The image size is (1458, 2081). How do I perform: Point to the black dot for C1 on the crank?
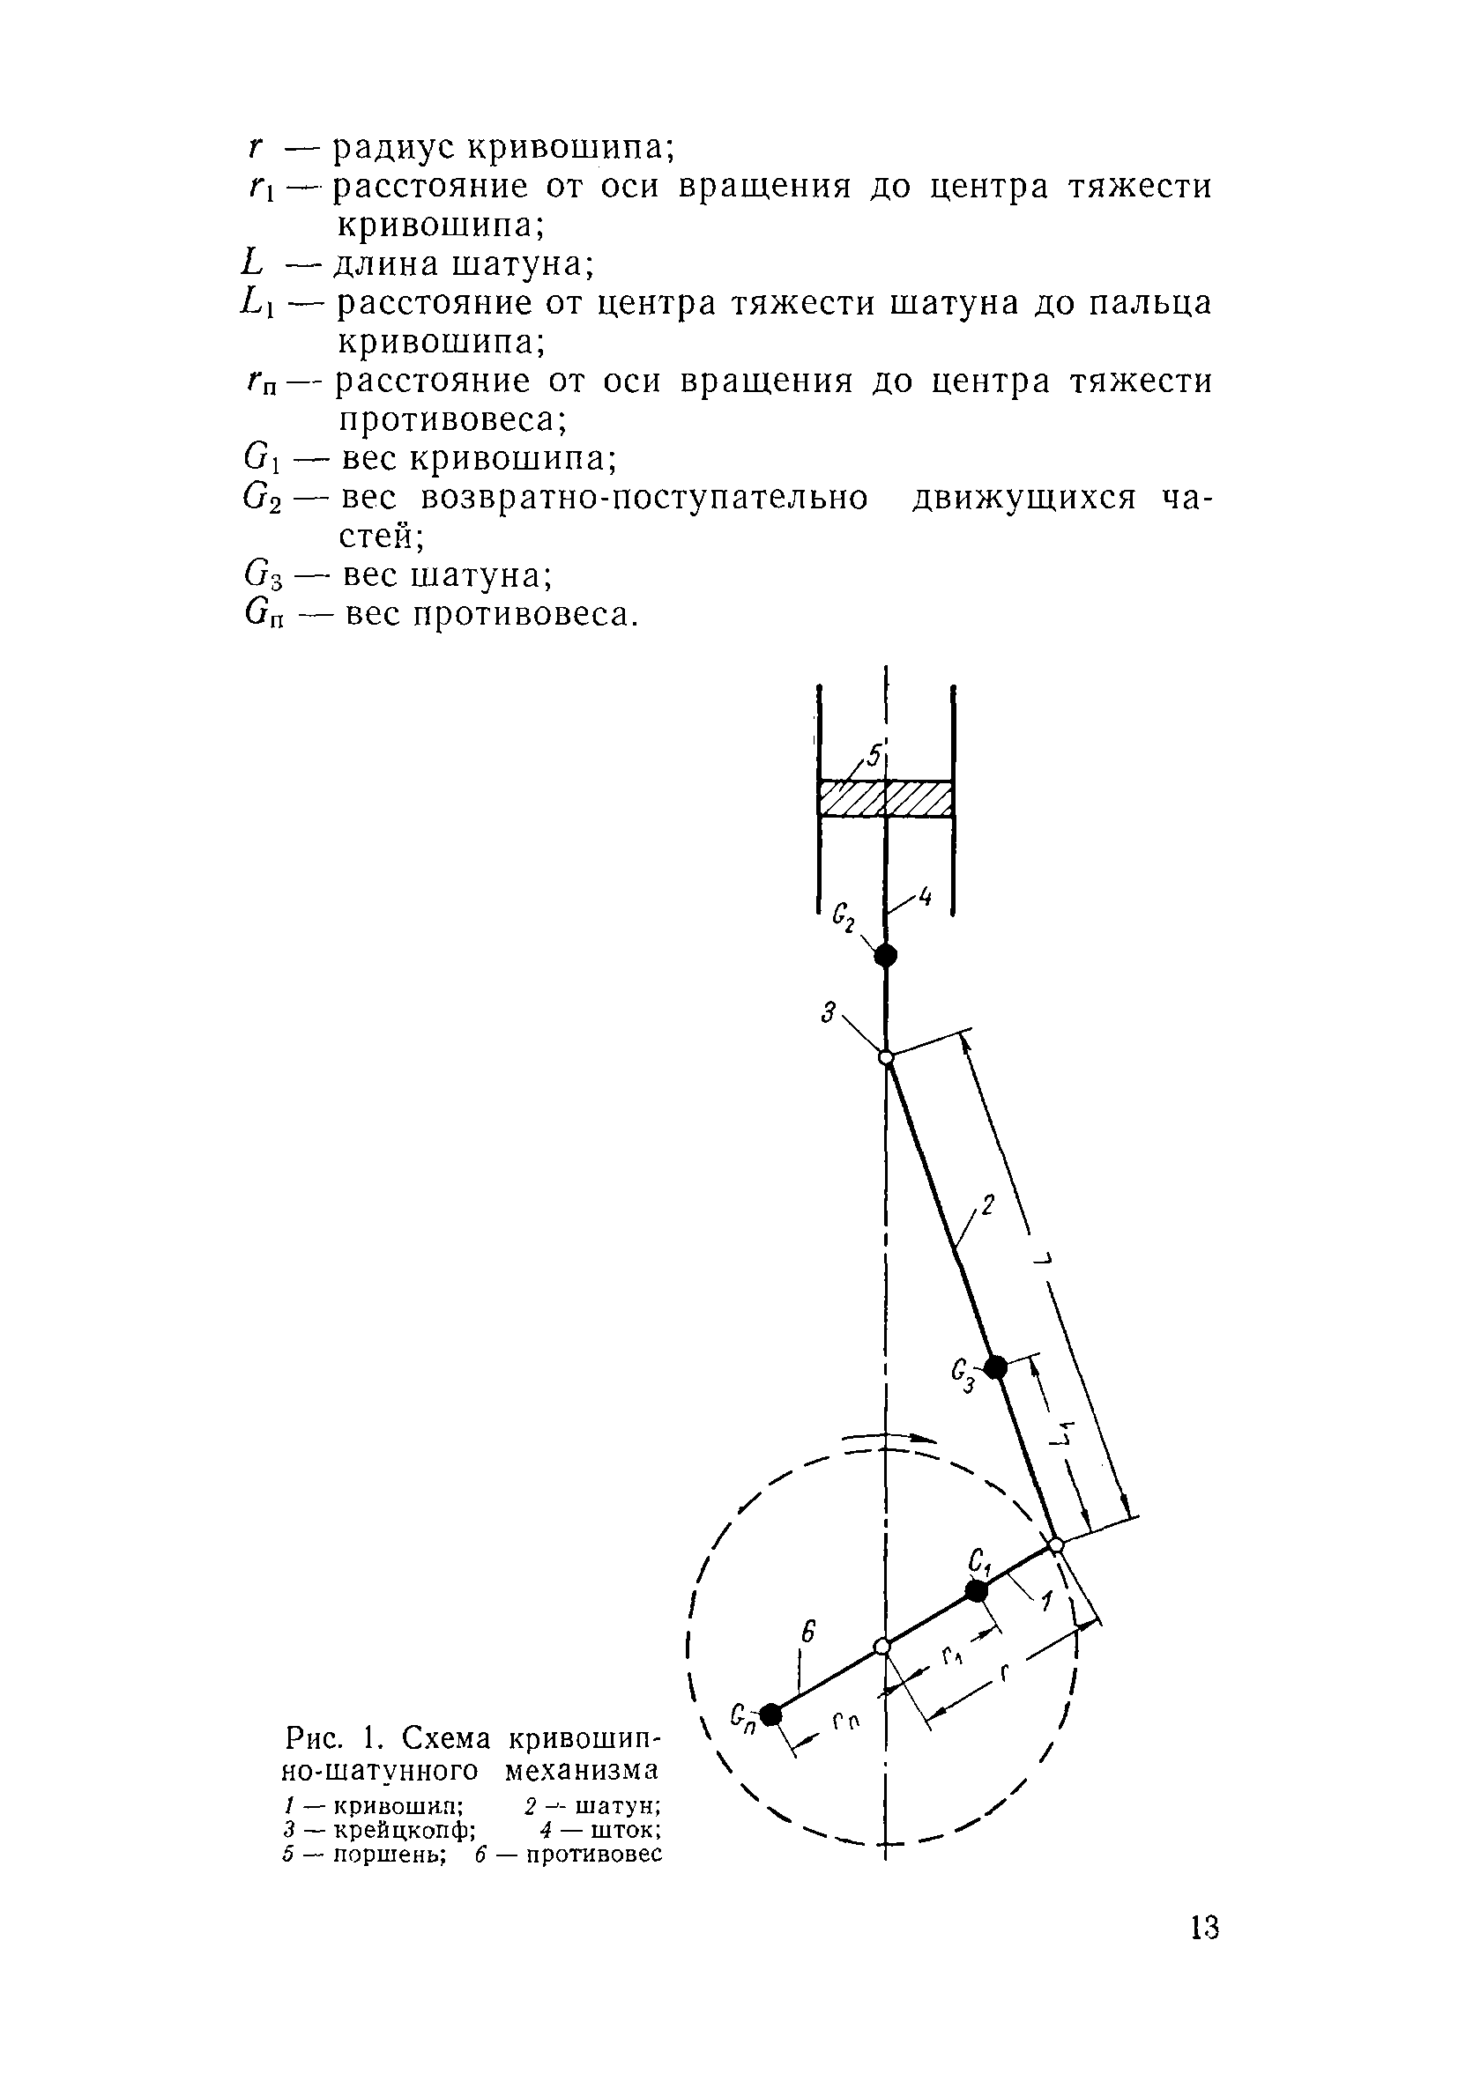click(x=977, y=1591)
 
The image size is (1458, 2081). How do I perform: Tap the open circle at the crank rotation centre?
click(x=881, y=1647)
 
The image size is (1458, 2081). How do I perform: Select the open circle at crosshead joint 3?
click(x=886, y=1058)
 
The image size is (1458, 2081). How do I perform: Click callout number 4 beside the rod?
click(x=925, y=897)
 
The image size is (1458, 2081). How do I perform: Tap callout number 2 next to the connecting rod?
click(x=988, y=1206)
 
